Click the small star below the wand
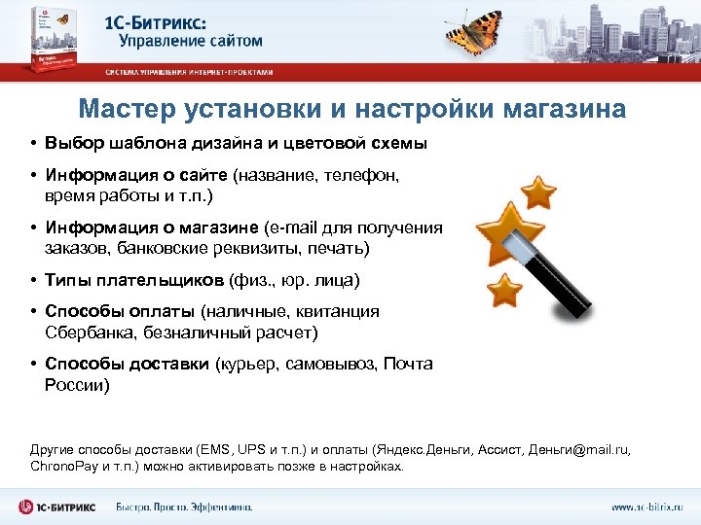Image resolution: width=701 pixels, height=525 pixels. (503, 289)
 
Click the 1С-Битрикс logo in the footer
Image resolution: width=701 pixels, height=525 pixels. (58, 507)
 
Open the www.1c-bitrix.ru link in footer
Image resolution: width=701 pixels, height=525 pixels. (646, 507)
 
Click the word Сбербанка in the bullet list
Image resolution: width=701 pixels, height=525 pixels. (88, 332)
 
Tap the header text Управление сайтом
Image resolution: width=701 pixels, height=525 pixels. (191, 41)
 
